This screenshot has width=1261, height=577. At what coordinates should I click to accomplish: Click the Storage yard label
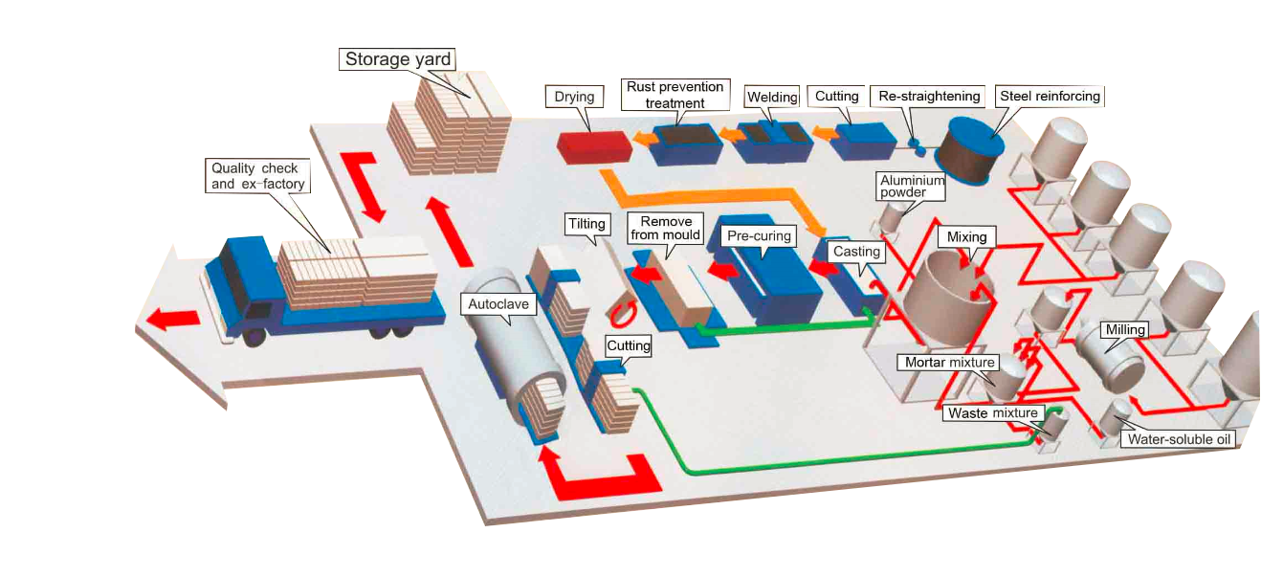pyautogui.click(x=398, y=59)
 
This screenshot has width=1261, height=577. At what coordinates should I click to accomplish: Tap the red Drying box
pyautogui.click(x=594, y=144)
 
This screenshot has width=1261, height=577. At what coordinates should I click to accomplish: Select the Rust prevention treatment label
pyautogui.click(x=675, y=95)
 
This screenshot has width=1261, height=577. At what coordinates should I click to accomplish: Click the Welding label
pyautogui.click(x=772, y=97)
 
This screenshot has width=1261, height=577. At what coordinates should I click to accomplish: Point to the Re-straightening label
pyautogui.click(x=929, y=96)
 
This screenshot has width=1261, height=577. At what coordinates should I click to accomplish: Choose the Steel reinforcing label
pyautogui.click(x=1050, y=96)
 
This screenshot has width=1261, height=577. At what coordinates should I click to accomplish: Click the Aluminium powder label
pyautogui.click(x=912, y=186)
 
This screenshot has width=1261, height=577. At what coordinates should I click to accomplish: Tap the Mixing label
pyautogui.click(x=966, y=236)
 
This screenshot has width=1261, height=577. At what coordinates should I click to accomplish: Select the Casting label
pyautogui.click(x=856, y=252)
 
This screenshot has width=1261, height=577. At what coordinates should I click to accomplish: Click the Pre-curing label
pyautogui.click(x=759, y=235)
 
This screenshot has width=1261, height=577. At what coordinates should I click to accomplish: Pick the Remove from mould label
pyautogui.click(x=666, y=228)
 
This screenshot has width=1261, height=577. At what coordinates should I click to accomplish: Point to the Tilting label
pyautogui.click(x=586, y=224)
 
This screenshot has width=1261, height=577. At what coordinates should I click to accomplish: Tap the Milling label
pyautogui.click(x=1125, y=330)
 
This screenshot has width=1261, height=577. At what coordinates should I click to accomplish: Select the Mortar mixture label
pyautogui.click(x=950, y=363)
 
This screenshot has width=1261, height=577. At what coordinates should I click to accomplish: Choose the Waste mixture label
pyautogui.click(x=992, y=413)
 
